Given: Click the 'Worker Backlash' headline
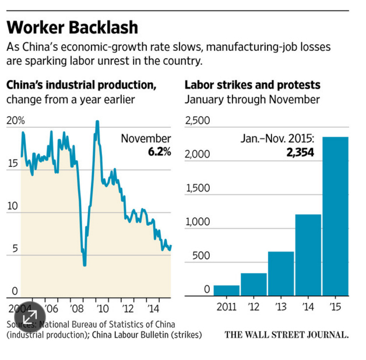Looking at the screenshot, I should pos(72,27).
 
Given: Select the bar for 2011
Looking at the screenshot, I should pos(226,290).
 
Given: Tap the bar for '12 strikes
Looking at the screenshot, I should pos(254,284).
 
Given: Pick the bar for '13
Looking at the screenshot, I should pos(280,273).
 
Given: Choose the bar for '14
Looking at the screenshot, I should pos(308,255).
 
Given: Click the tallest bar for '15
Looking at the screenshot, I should pos(335,216).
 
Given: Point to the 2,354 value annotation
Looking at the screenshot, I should pos(300,153).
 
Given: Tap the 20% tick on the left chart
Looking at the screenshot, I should pos(16,121).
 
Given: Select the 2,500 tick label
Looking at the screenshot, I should pos(197,121).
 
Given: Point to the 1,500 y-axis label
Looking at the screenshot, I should pos(197,188).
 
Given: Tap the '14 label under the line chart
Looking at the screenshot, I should pos(153,307).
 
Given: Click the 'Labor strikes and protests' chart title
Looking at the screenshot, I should pos(252,85).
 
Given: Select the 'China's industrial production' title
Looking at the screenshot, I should pos(81,85).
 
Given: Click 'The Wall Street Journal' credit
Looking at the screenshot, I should pos(286,335).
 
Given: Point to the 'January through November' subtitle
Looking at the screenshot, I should pos(252,99).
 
